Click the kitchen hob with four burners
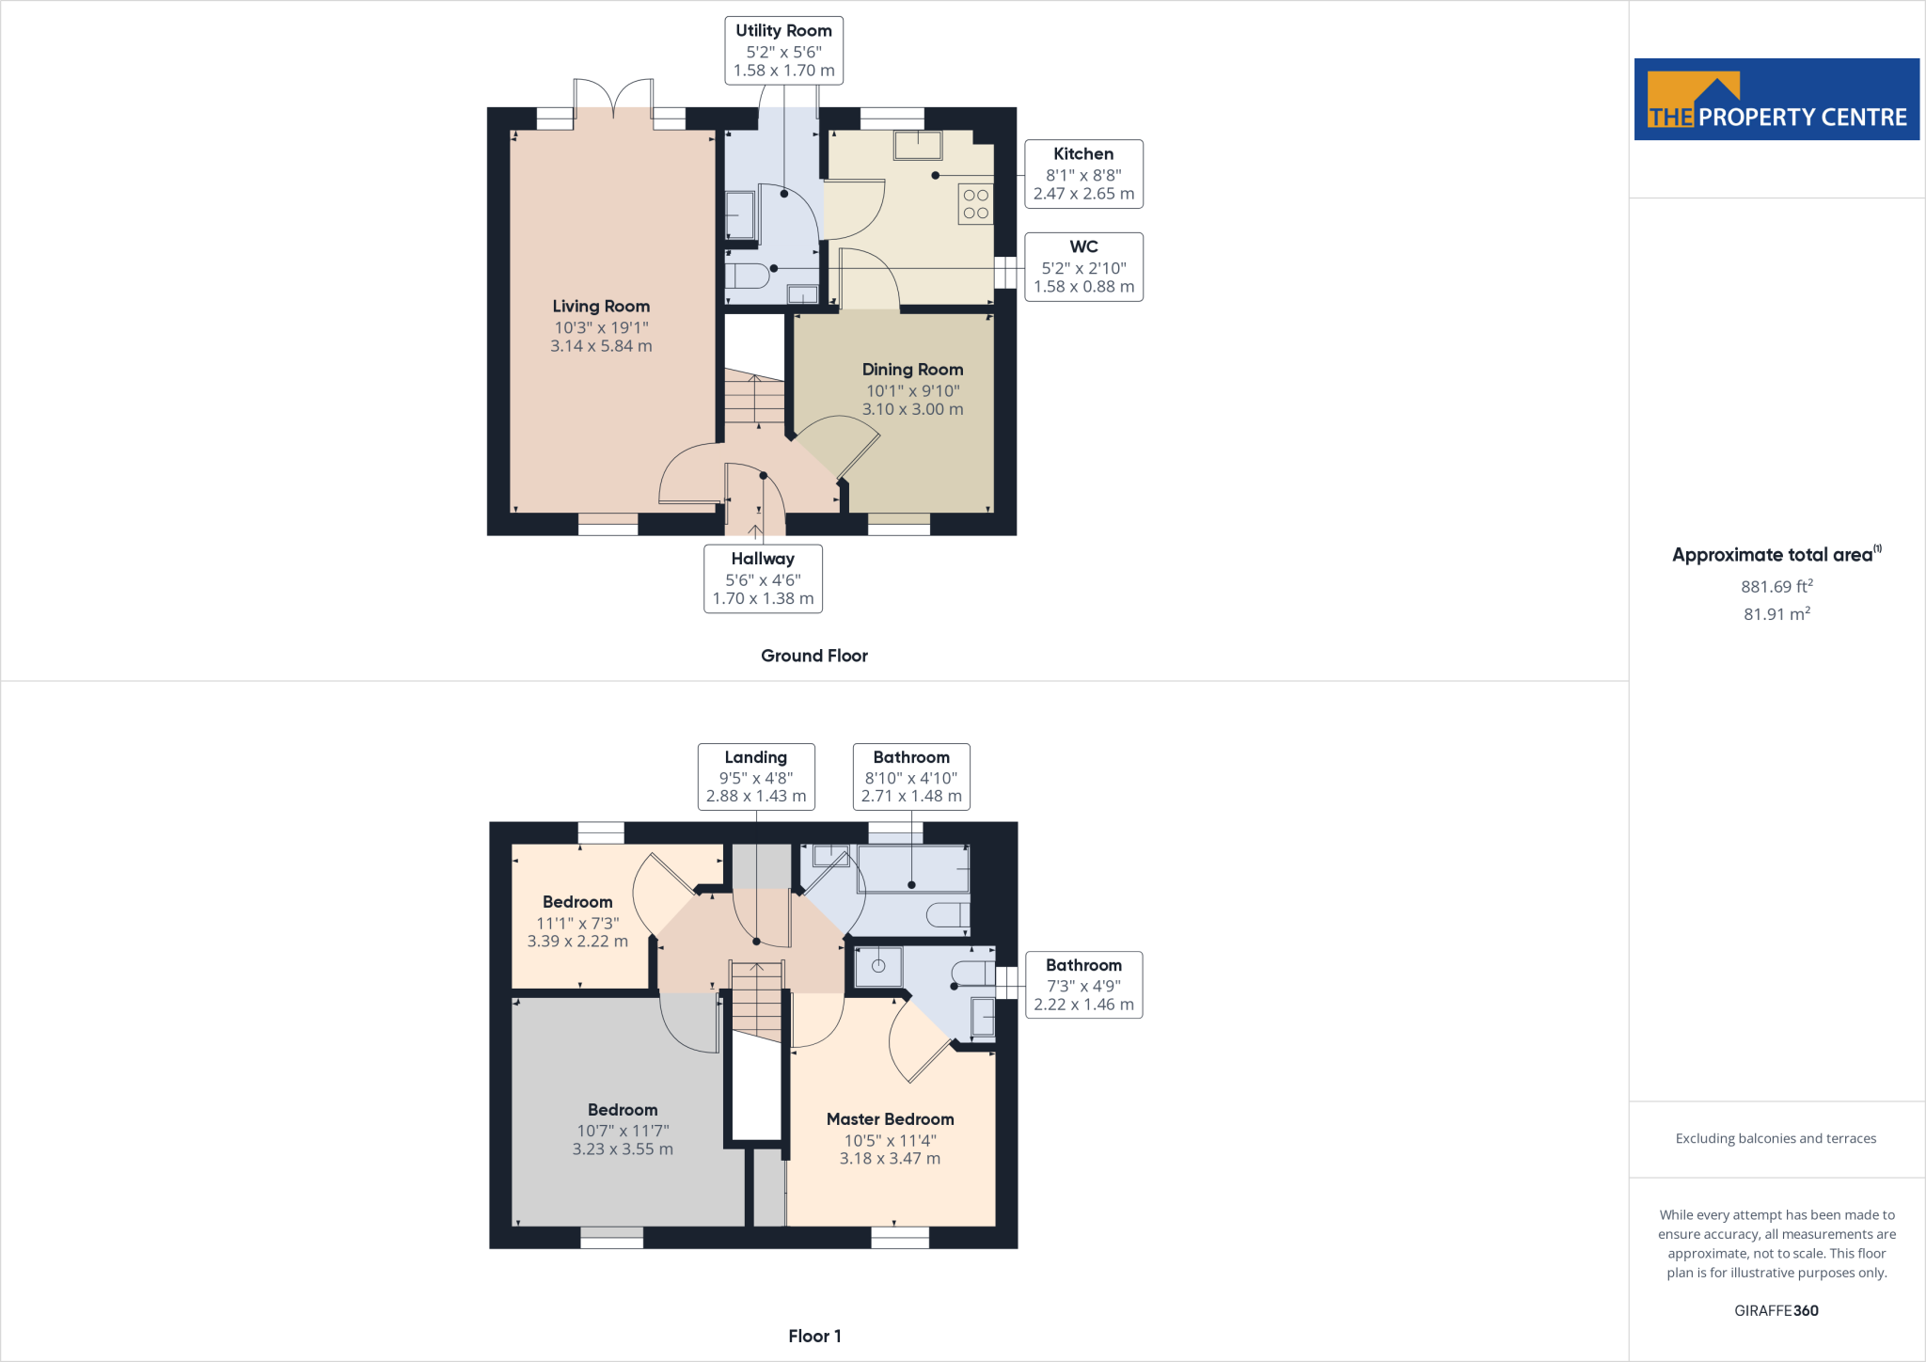(x=975, y=204)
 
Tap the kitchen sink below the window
(x=917, y=145)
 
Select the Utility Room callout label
(x=783, y=51)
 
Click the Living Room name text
(x=601, y=307)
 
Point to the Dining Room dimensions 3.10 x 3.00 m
(x=912, y=409)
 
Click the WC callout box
(x=1083, y=267)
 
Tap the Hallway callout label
(x=763, y=578)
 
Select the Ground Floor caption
(x=813, y=656)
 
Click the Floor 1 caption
(x=814, y=1336)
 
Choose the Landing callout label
(x=756, y=777)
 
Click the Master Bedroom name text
(x=890, y=1119)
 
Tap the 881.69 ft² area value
(x=1776, y=586)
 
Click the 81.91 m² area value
(x=1776, y=614)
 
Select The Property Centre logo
(x=1776, y=100)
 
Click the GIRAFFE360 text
(x=1776, y=1310)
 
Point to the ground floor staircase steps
(x=754, y=401)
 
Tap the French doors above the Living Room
(x=613, y=99)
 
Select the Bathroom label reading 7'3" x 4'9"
(x=1083, y=985)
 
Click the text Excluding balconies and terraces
(x=1776, y=1138)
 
